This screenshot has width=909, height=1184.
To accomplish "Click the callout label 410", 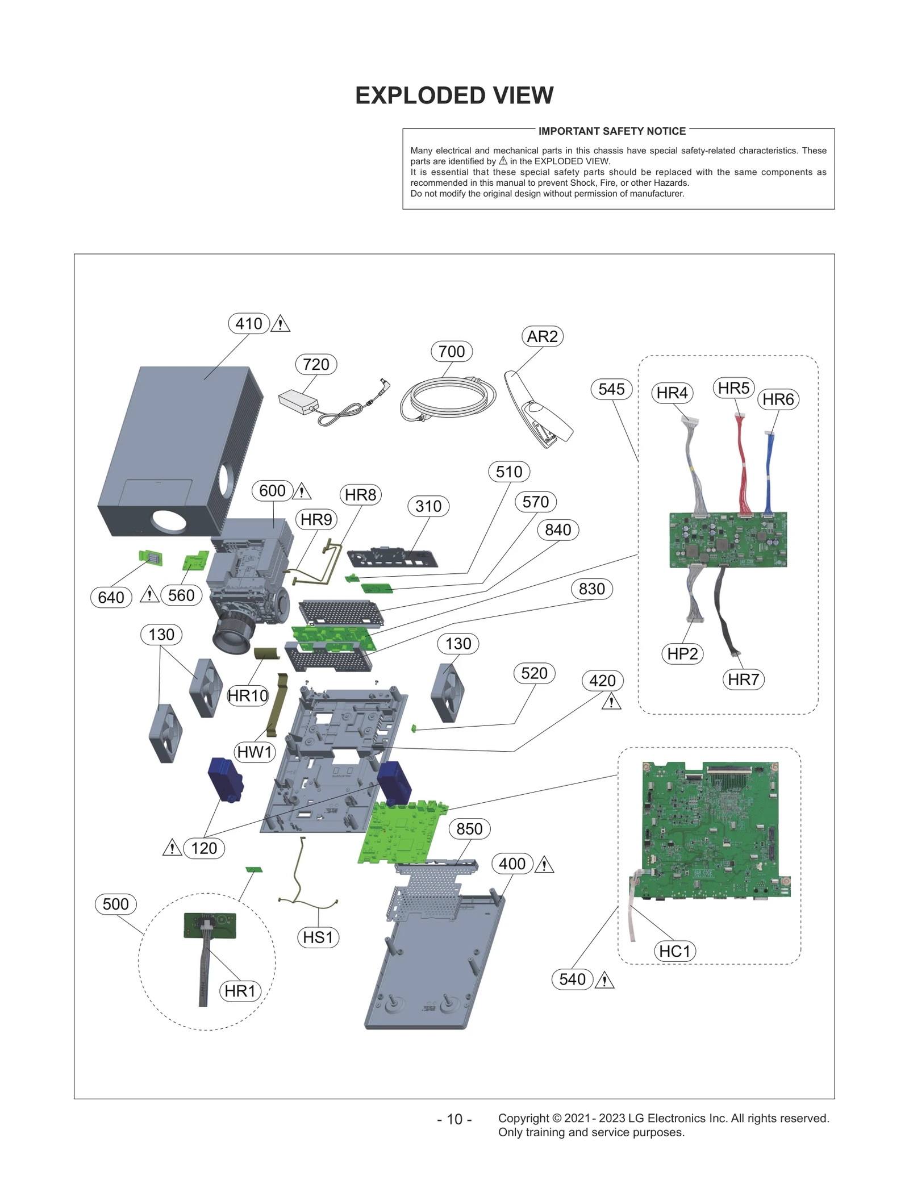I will click(249, 324).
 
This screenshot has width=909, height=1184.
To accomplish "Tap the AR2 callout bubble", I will click(542, 336).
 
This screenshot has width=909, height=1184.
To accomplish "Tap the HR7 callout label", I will click(743, 679).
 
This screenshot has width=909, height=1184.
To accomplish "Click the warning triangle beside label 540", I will click(604, 981).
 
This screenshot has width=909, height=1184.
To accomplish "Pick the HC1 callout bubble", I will click(674, 951).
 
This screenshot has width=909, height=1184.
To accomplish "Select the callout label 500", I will click(116, 904).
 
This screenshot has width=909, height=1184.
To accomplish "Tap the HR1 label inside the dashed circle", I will click(240, 991).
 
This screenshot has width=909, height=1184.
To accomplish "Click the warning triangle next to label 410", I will click(280, 324).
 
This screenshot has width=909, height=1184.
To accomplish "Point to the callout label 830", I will click(591, 589).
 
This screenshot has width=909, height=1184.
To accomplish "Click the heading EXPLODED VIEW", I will click(454, 95).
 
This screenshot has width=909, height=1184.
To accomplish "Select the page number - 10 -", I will click(454, 1119).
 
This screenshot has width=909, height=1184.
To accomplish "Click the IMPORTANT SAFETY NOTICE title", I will click(612, 131).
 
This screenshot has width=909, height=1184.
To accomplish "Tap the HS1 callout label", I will click(318, 937).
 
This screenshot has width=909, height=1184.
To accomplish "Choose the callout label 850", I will click(469, 829).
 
